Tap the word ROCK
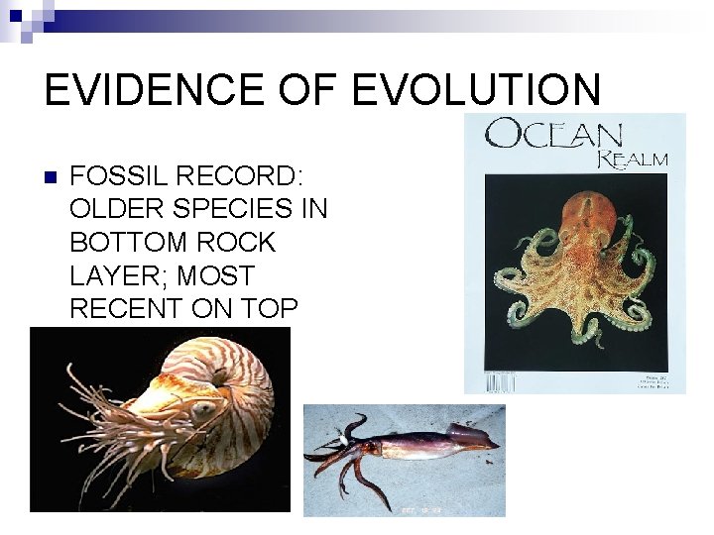coord(237,244)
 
